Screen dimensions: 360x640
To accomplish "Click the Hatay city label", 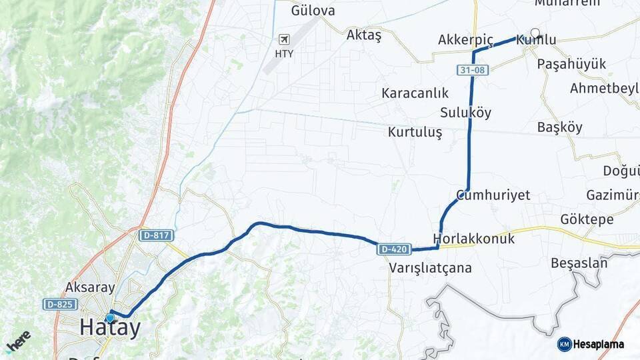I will click(x=111, y=328).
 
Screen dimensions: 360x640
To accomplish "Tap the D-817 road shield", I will click(x=156, y=235).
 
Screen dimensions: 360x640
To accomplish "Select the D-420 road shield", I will click(x=393, y=249).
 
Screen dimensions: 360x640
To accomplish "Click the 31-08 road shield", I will click(x=471, y=69).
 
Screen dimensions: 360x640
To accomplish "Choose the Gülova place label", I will click(x=313, y=11).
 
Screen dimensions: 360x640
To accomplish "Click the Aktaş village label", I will click(x=364, y=36).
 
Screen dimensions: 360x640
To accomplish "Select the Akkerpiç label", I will click(x=465, y=41).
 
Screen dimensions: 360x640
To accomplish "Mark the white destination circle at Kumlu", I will click(x=535, y=32).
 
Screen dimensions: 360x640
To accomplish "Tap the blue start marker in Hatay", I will click(x=110, y=318).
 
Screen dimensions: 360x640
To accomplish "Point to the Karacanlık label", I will click(x=415, y=93).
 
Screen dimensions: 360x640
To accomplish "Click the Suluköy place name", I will click(x=465, y=113).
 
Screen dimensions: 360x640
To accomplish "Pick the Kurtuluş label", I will click(x=415, y=132).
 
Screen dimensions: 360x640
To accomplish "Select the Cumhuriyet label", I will click(x=493, y=195).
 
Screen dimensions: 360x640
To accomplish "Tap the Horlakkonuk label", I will click(x=473, y=239).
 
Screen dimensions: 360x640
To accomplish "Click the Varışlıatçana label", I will click(x=430, y=268).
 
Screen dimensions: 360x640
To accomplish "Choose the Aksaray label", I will click(x=90, y=288).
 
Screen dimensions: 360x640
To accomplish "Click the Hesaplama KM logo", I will click(x=591, y=344).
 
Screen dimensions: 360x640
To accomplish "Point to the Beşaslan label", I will click(x=579, y=263).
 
